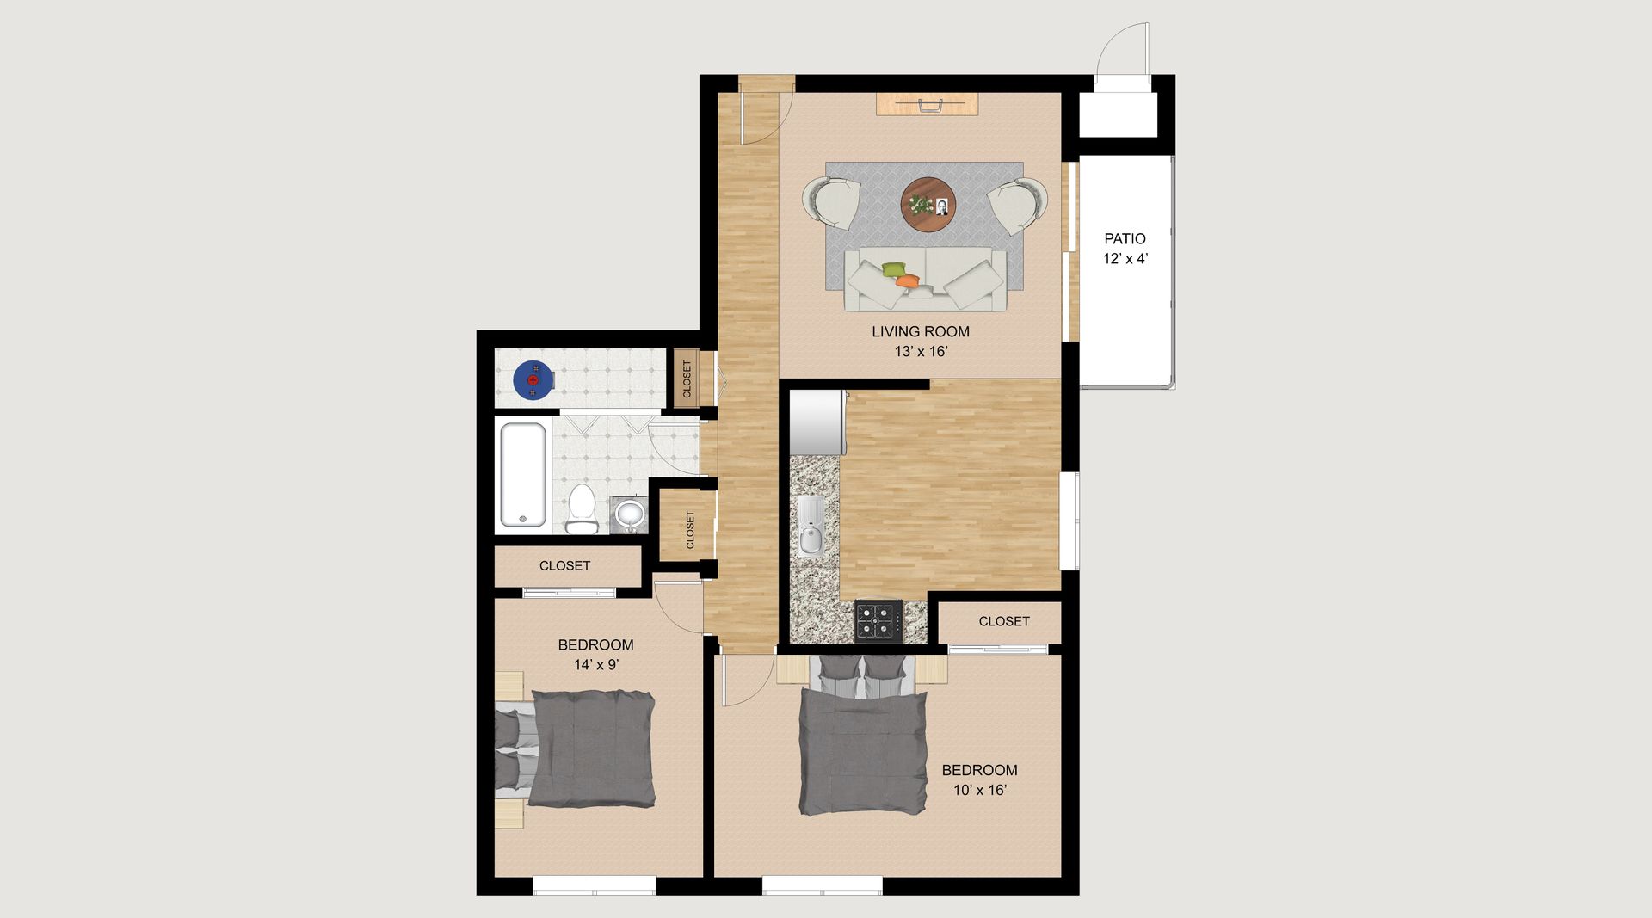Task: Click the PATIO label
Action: coord(1125,239)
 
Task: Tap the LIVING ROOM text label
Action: coord(920,331)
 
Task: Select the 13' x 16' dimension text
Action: coord(920,352)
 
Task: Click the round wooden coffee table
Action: coord(928,204)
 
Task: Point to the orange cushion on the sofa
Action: coord(907,280)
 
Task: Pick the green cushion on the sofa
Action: coord(894,269)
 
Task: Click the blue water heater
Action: coord(533,379)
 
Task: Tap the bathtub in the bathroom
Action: coord(522,474)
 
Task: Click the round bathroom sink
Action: coord(630,514)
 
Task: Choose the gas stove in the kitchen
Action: coord(878,620)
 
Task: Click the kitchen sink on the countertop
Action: coord(811,526)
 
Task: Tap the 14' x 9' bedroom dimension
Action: coord(595,665)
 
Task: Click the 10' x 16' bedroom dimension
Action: coord(979,791)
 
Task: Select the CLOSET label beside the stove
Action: coord(1003,621)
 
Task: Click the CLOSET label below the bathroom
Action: coord(564,566)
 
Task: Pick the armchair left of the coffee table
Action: coord(831,202)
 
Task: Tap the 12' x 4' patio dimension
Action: coord(1125,259)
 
